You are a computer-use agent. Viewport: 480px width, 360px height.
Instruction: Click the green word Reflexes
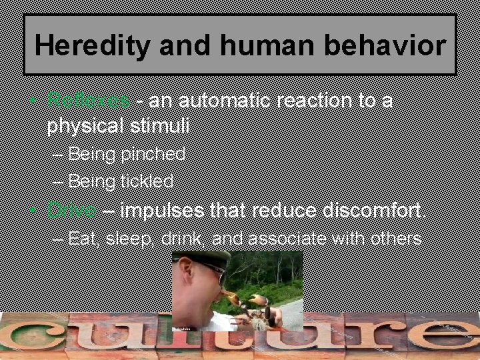pyautogui.click(x=88, y=101)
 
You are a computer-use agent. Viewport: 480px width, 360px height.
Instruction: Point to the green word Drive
pyautogui.click(x=71, y=211)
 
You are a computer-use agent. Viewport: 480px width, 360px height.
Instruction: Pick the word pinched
pyautogui.click(x=153, y=155)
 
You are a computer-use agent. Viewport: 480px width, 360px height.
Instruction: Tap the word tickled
pyautogui.click(x=147, y=181)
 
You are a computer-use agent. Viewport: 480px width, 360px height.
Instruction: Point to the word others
pyautogui.click(x=393, y=239)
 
